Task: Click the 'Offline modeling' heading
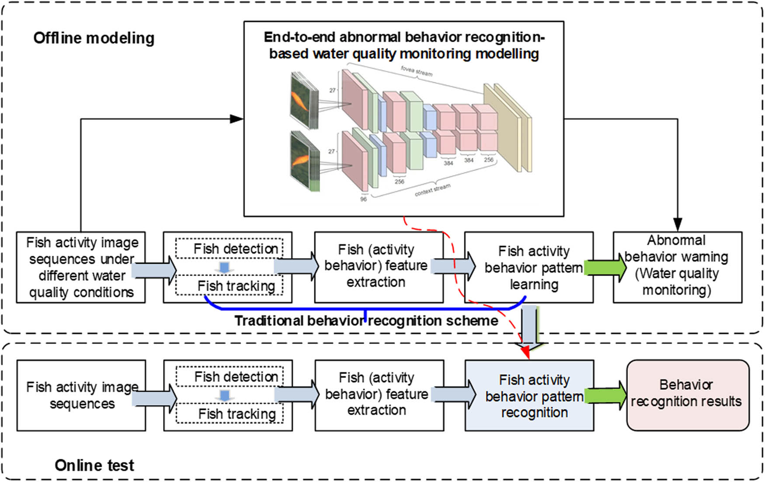(94, 38)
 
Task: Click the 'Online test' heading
(94, 465)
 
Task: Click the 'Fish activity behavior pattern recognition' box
(529, 395)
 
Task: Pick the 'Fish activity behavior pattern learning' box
(529, 267)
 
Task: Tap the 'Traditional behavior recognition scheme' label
(366, 321)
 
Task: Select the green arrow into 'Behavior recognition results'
(605, 395)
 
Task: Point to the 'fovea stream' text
(416, 71)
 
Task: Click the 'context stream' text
(432, 190)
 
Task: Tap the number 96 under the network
(363, 199)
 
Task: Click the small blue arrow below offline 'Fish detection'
(224, 267)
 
